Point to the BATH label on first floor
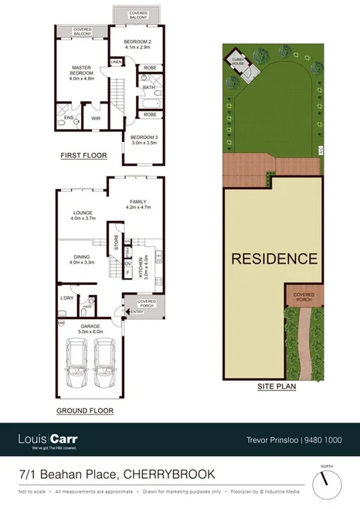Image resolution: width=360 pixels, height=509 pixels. pos(147,87)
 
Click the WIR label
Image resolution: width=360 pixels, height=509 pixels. pos(97,118)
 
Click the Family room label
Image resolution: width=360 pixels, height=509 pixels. pos(140,203)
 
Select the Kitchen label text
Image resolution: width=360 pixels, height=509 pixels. pos(141,267)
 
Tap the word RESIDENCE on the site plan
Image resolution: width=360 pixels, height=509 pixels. pos(275,259)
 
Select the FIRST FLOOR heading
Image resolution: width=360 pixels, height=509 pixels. pos(83,156)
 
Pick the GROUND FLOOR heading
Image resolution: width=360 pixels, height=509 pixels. pos(85,411)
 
